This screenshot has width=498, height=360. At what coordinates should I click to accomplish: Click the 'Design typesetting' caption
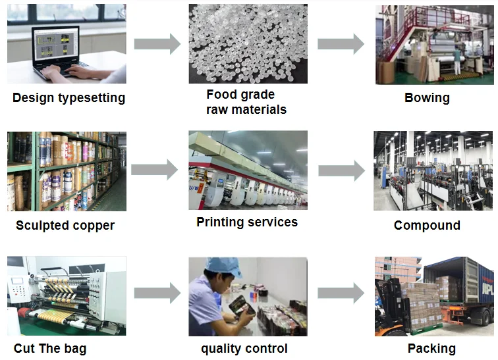point(69,98)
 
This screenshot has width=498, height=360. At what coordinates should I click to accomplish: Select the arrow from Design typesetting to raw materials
point(157,44)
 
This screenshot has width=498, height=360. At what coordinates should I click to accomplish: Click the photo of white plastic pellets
point(247,43)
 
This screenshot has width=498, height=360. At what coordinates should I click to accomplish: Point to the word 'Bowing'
point(427,98)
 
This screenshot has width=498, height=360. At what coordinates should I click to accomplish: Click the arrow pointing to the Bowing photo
point(341,44)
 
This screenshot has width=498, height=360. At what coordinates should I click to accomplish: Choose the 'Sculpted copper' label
point(65,225)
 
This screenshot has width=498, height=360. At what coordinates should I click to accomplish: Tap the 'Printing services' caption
point(247,222)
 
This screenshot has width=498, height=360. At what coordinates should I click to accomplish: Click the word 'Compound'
point(427,225)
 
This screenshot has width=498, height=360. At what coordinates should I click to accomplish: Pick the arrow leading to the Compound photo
point(341,170)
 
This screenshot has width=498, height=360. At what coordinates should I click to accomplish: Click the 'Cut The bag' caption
point(50,348)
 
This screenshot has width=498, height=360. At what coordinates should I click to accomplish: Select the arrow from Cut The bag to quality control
point(157,294)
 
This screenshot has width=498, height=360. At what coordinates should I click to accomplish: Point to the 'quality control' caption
point(244,348)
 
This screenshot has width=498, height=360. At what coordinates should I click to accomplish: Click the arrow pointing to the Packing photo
point(341,294)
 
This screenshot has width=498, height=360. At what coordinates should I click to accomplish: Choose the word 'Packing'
point(431,348)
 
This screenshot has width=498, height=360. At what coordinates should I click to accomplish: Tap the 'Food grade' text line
point(240,94)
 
